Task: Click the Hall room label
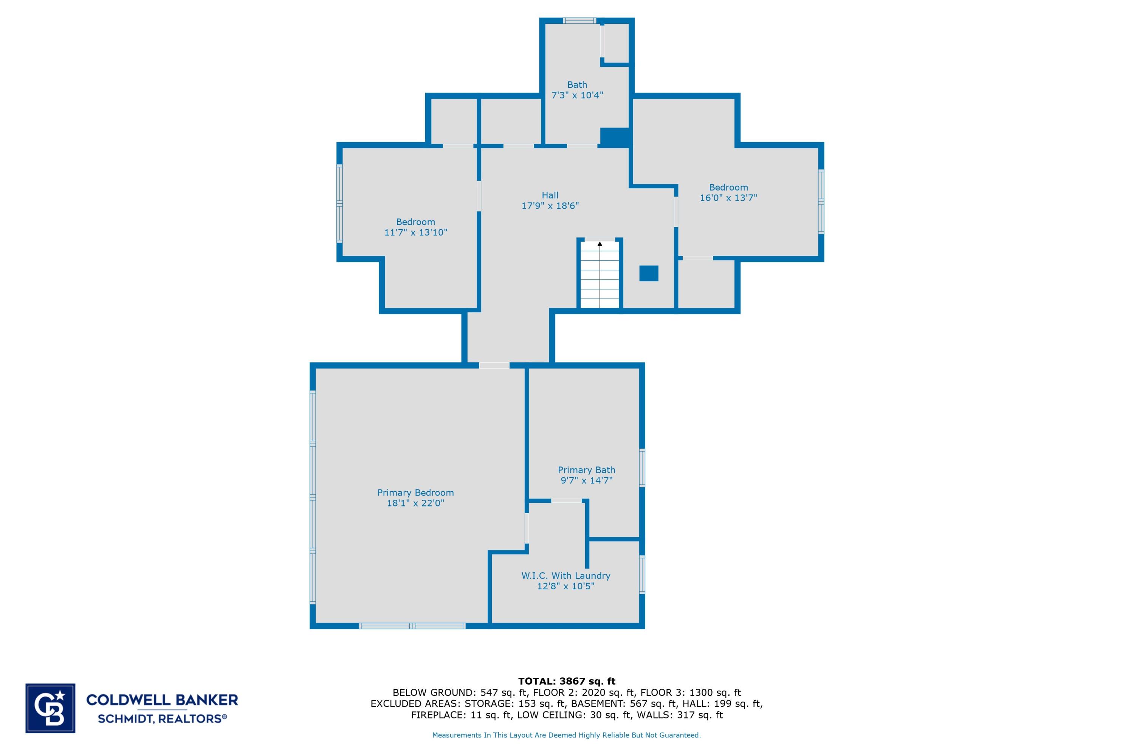(550, 195)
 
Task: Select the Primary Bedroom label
(415, 493)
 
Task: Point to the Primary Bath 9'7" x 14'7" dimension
(586, 480)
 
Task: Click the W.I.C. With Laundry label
(565, 576)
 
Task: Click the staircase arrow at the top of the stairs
(600, 244)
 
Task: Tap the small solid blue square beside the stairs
(649, 273)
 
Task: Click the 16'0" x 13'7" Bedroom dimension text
(728, 198)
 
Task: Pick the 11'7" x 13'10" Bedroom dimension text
(415, 232)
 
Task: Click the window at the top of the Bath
(579, 21)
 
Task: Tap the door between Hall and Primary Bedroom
(494, 366)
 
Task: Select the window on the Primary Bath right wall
(642, 467)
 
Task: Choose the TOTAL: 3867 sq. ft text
(567, 681)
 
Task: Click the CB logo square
(50, 708)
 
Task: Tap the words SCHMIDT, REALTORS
(162, 719)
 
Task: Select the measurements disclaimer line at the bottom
(567, 735)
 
